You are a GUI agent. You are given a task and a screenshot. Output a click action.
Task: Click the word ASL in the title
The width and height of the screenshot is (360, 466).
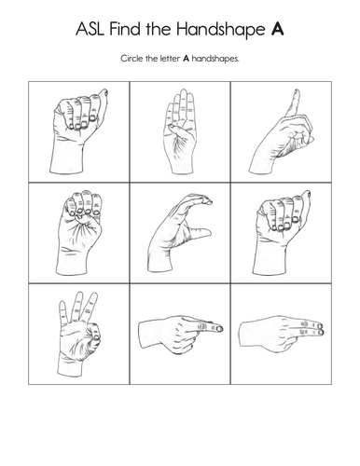click(x=90, y=29)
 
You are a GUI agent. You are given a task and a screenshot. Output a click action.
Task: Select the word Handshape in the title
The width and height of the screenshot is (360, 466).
click(x=220, y=31)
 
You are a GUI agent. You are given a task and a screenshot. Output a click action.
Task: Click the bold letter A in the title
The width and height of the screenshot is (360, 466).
click(x=277, y=29)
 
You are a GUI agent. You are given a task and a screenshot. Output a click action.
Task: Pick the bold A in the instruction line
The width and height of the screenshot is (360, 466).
click(x=186, y=59)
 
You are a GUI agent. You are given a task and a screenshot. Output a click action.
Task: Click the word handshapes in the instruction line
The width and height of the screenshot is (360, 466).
click(x=215, y=59)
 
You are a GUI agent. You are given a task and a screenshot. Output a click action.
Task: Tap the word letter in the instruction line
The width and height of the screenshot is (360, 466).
click(x=170, y=59)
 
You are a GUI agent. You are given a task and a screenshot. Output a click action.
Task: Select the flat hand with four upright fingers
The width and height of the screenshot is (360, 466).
click(x=180, y=132)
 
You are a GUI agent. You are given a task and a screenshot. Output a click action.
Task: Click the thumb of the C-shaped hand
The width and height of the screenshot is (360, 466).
click(x=200, y=232)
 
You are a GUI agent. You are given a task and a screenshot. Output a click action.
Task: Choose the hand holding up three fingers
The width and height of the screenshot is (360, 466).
click(x=79, y=334)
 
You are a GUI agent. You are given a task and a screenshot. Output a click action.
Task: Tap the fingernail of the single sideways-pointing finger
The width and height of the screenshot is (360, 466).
click(x=219, y=328)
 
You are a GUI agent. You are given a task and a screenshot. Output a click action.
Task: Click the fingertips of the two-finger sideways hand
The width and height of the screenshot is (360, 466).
click(x=320, y=329)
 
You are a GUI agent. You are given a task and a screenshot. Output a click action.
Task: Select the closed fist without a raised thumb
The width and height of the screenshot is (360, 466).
click(x=79, y=233)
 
